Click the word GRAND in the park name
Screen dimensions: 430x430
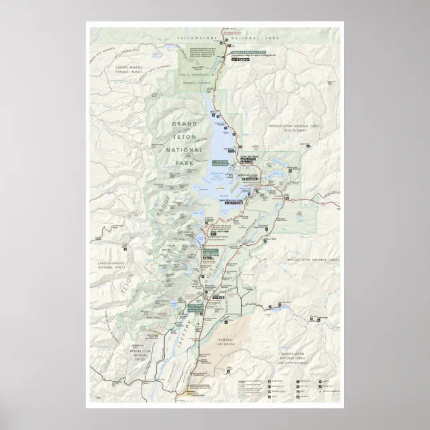point(185,124)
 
